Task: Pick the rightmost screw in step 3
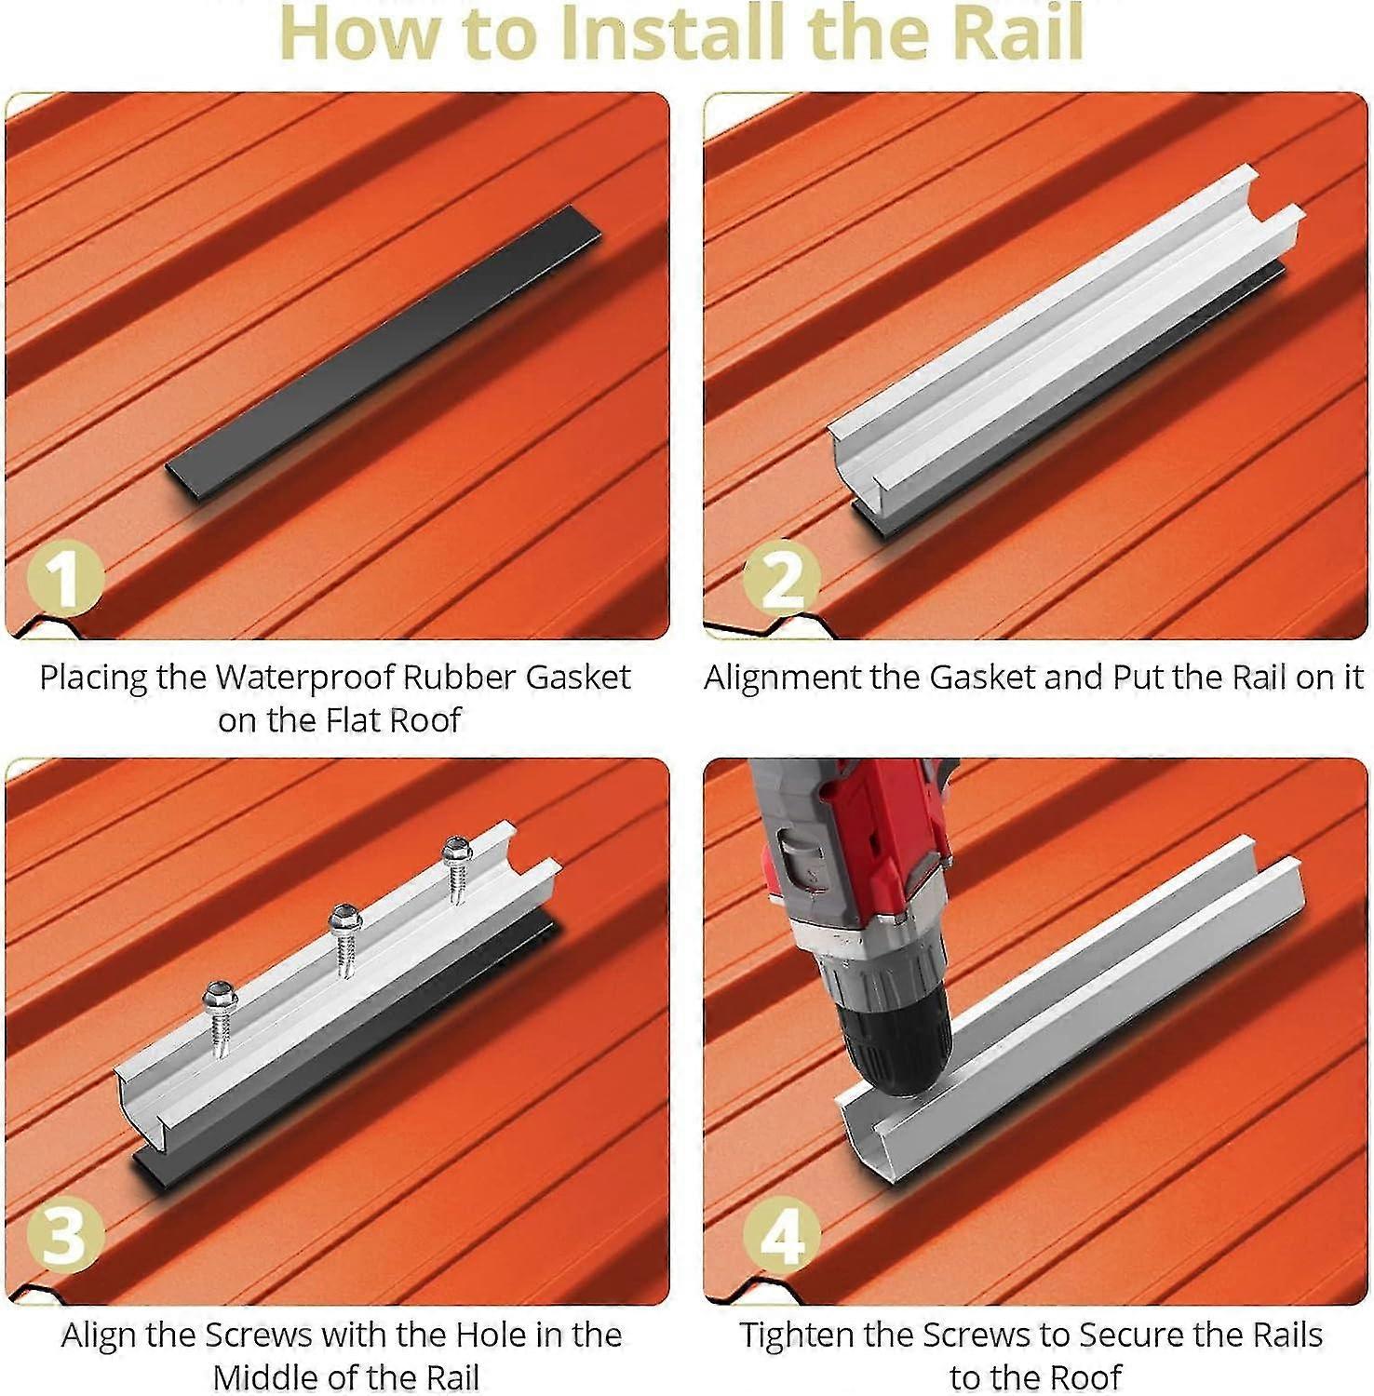(456, 866)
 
